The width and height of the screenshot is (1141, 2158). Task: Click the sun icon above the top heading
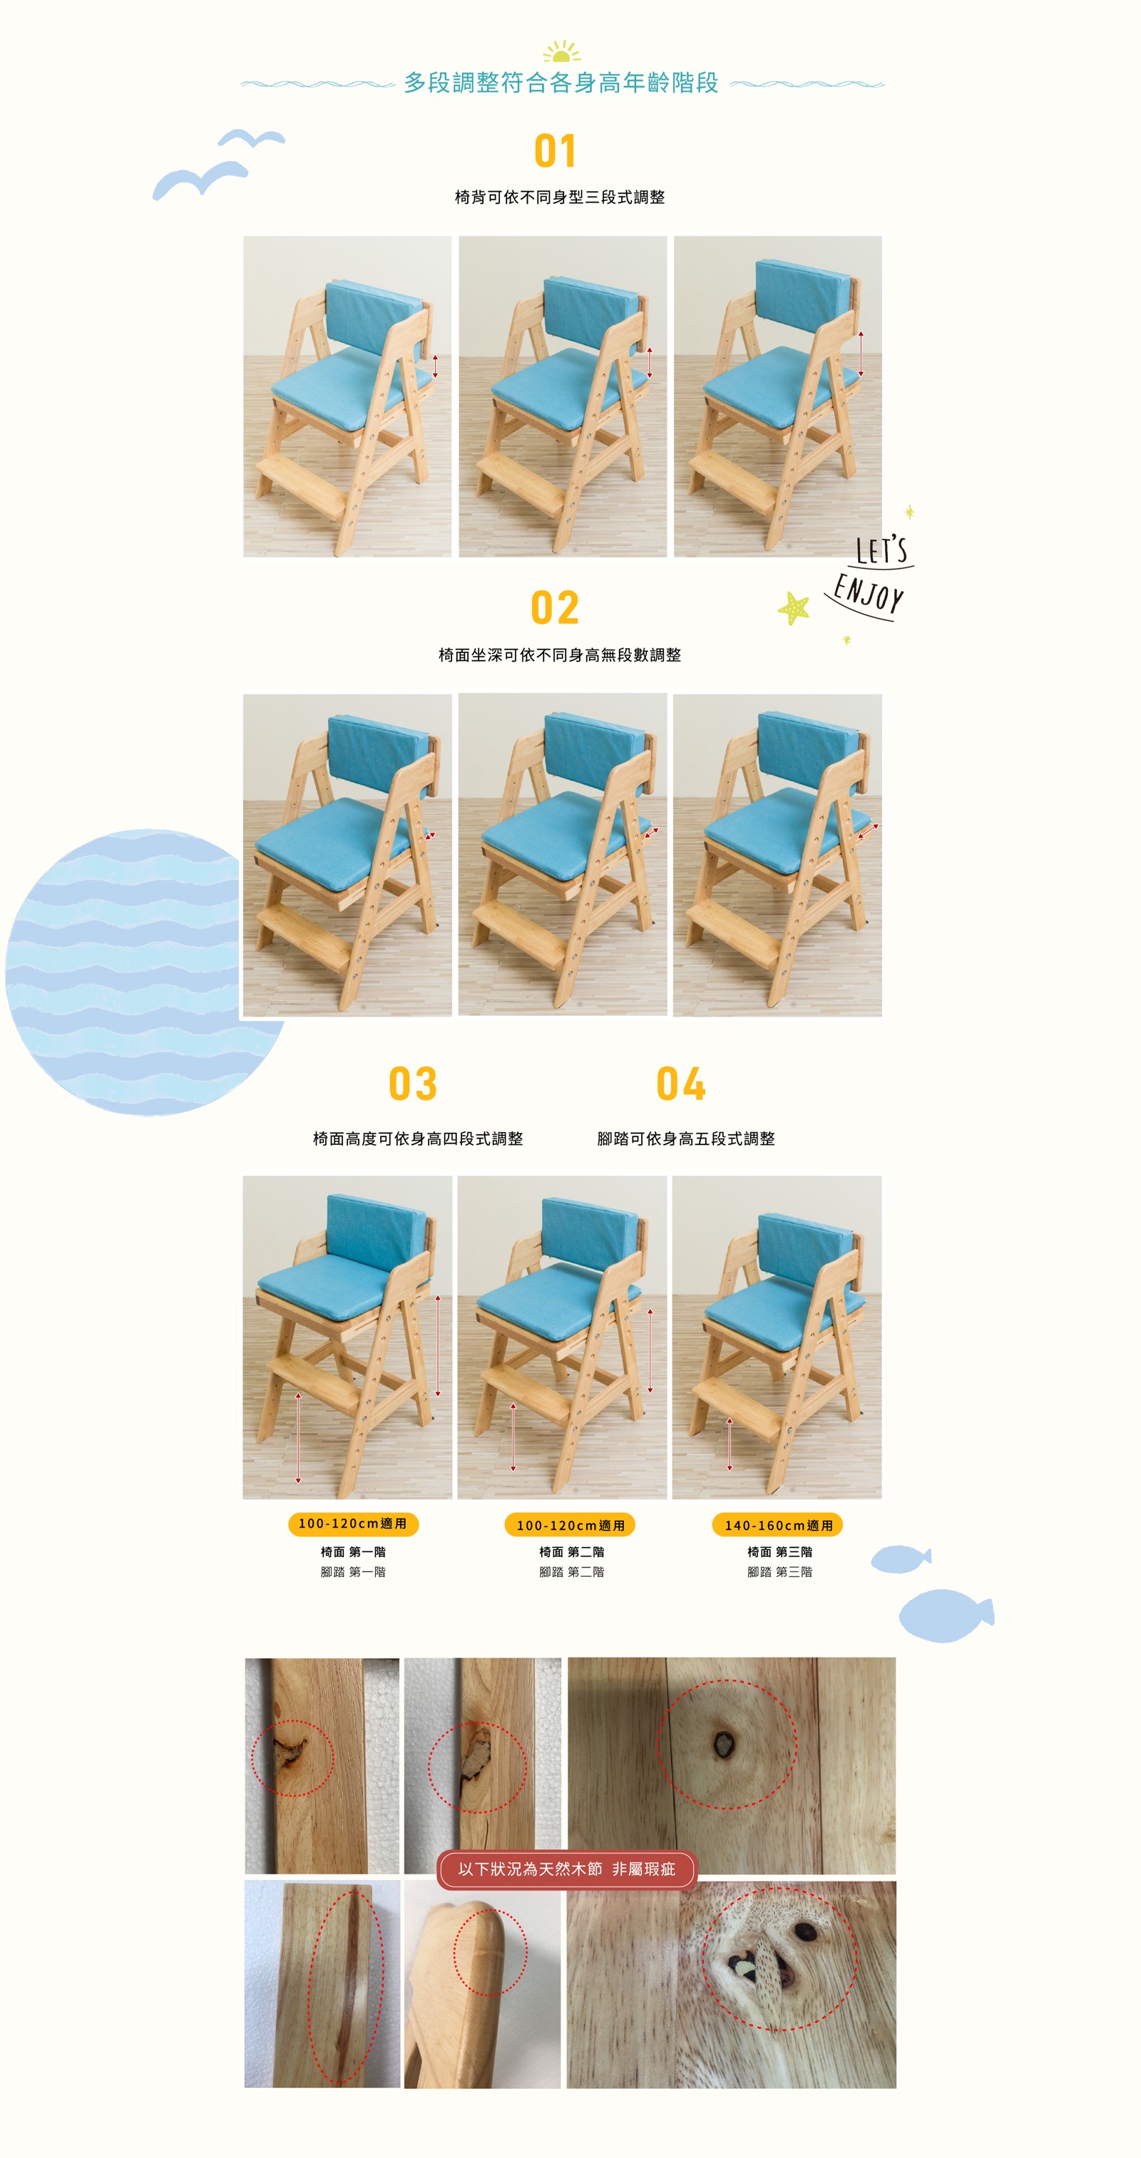[x=561, y=52]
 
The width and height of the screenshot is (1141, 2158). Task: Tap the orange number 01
[x=555, y=152]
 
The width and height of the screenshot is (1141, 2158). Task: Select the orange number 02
[x=555, y=608]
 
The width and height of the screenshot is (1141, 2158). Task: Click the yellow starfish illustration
[x=793, y=608]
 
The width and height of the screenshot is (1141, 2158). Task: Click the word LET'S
[x=881, y=550]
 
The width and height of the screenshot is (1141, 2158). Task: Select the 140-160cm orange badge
[x=777, y=1525]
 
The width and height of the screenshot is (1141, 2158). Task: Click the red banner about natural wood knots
[x=566, y=1869]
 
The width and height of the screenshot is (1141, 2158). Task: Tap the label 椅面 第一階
[x=353, y=1551]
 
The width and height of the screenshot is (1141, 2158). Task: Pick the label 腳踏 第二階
[x=571, y=1571]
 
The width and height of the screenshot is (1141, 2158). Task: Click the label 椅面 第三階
[x=779, y=1551]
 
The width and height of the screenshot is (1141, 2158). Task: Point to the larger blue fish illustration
[x=945, y=1615]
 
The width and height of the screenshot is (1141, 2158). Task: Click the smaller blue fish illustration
[x=900, y=1559]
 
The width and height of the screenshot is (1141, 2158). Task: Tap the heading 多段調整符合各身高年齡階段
[x=561, y=83]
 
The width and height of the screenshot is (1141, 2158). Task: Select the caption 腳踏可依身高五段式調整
[x=685, y=1139]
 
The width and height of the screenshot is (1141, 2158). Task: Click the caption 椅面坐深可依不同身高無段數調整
[x=560, y=655]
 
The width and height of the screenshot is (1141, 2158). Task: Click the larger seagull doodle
[x=200, y=179]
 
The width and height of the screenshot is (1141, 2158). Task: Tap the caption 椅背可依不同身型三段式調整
[x=560, y=197]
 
